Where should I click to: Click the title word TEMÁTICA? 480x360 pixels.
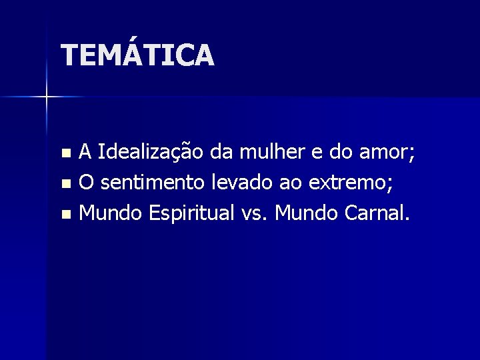(137, 55)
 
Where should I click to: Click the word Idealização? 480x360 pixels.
(151, 154)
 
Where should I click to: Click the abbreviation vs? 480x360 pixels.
(254, 213)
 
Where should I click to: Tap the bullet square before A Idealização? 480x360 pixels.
(65, 155)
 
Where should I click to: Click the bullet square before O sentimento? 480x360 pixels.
(65, 185)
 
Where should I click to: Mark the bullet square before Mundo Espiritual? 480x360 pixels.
(65, 214)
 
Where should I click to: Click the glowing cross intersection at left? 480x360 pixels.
(47, 97)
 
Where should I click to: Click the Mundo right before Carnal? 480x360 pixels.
(307, 213)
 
